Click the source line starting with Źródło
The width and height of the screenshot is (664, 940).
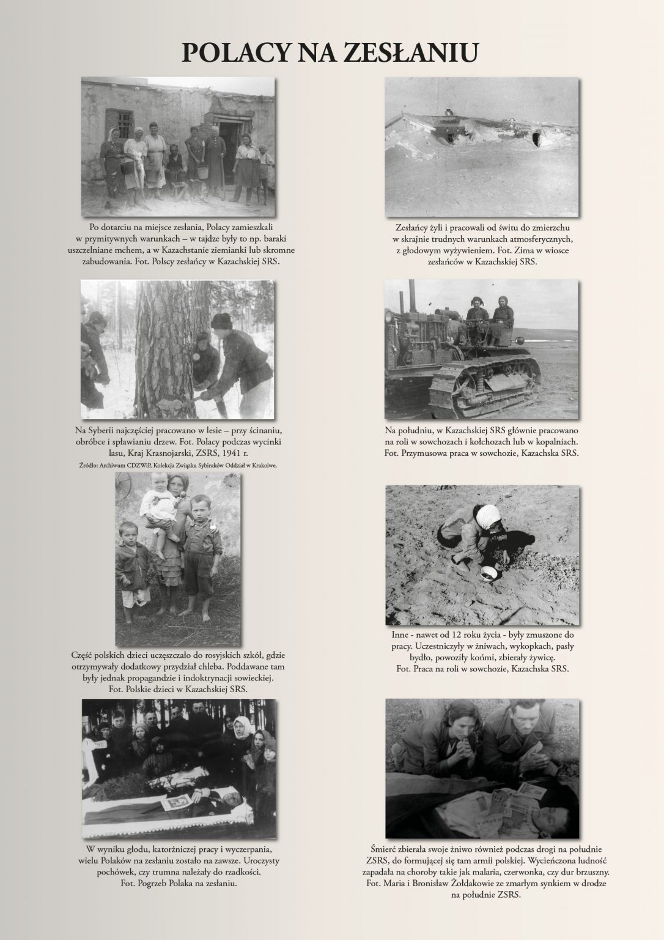[178, 464]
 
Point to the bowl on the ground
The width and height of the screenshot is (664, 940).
[488, 573]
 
